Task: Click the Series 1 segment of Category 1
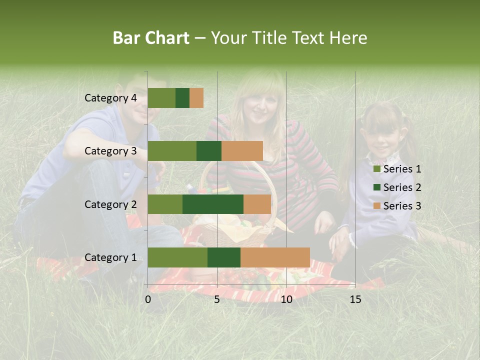[x=177, y=257]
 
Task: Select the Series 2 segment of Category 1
[x=224, y=257]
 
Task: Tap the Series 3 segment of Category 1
[x=275, y=257]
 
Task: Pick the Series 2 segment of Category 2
[x=213, y=204]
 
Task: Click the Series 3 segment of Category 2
[x=257, y=204]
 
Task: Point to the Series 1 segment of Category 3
[x=172, y=151]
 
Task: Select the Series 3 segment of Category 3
[x=242, y=151]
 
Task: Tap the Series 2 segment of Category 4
[x=182, y=98]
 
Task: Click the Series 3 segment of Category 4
[x=196, y=98]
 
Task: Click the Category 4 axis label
[x=110, y=98]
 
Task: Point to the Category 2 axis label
[x=110, y=204]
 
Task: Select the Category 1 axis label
[x=110, y=257]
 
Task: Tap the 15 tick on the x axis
[x=355, y=299]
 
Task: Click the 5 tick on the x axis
[x=217, y=299]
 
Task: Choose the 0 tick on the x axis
[x=148, y=299]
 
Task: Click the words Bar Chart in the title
[x=151, y=38]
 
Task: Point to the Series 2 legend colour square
[x=376, y=187]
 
